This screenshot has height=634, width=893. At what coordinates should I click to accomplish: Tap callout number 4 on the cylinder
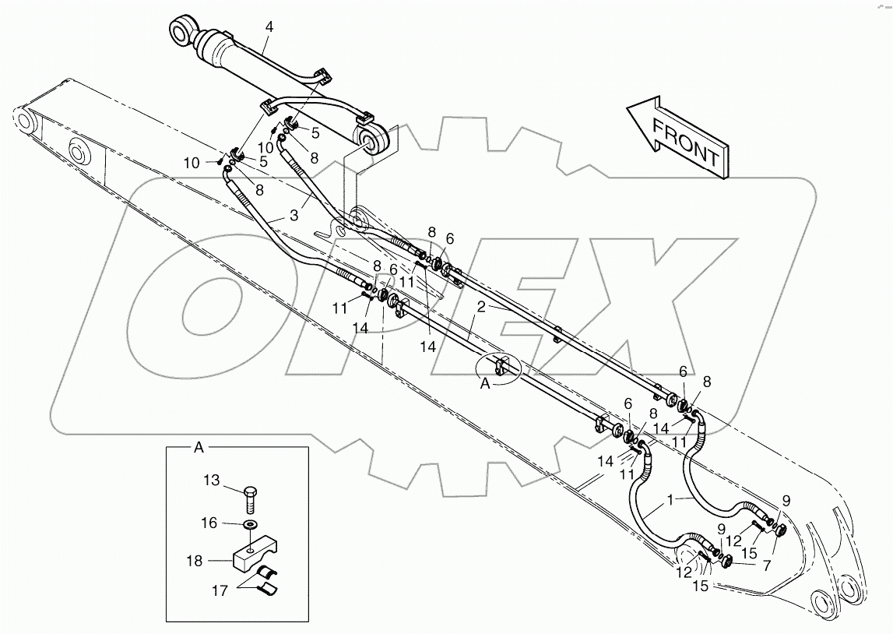click(269, 27)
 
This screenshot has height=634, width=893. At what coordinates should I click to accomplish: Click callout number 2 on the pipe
click(482, 307)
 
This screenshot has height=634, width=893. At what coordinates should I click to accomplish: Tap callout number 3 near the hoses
click(294, 215)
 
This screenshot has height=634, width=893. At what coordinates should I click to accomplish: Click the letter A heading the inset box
click(199, 448)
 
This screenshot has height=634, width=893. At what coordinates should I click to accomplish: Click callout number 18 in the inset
click(195, 560)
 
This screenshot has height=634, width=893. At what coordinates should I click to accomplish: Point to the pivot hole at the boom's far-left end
click(26, 123)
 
